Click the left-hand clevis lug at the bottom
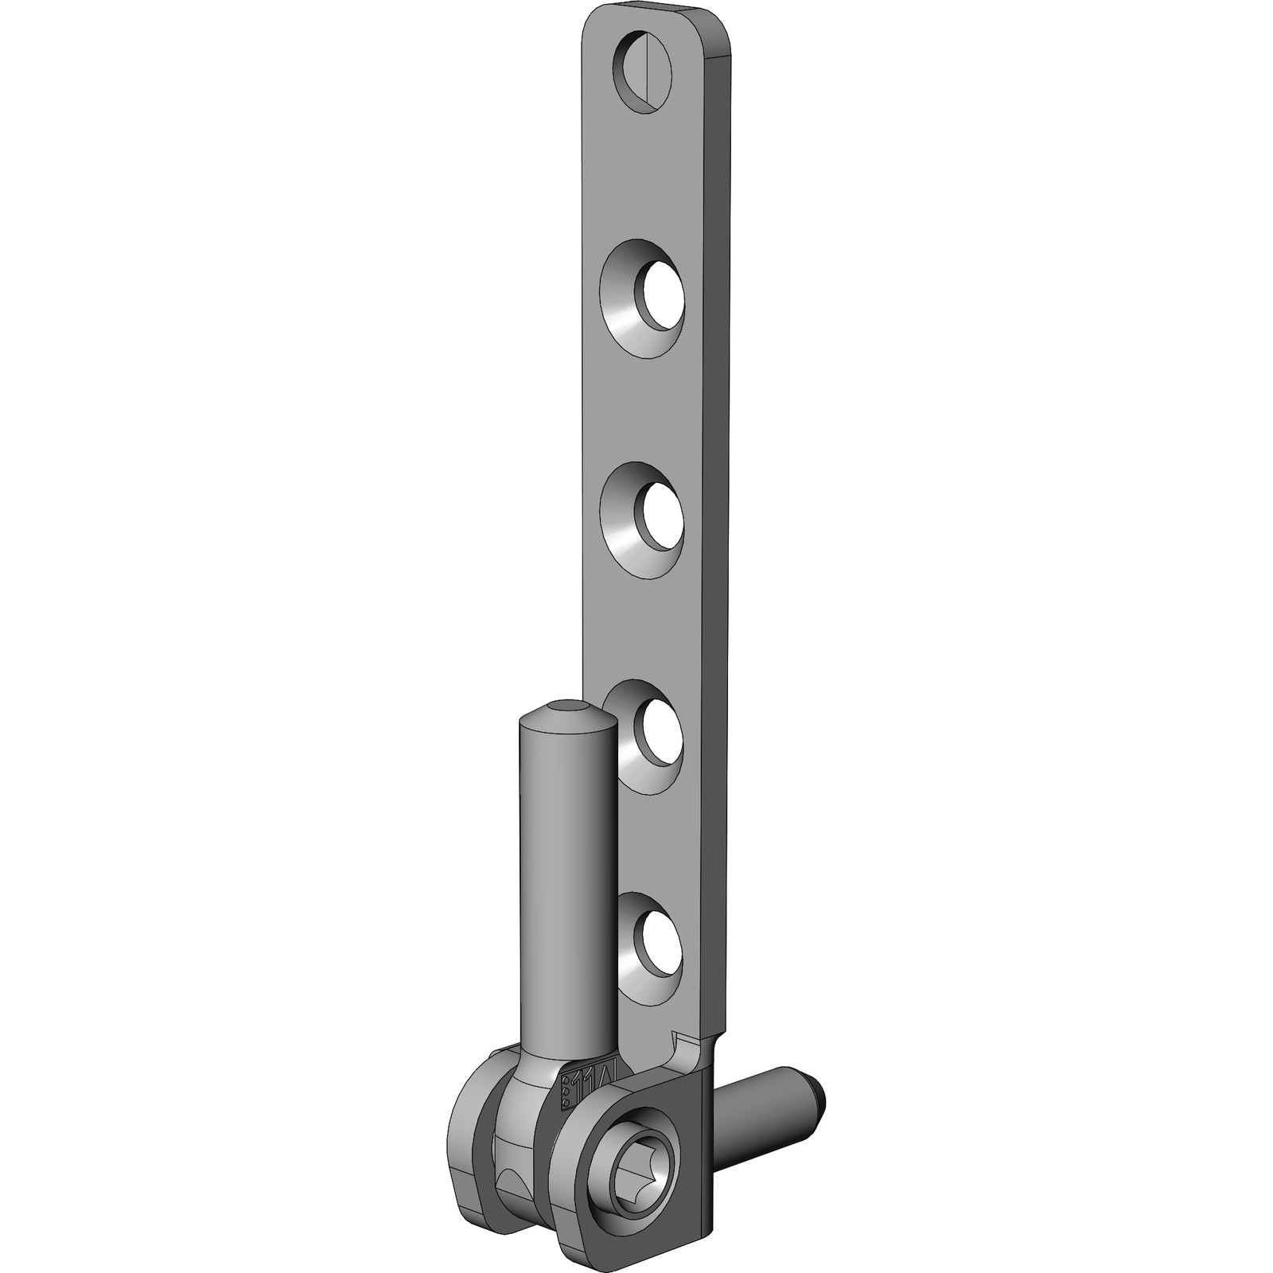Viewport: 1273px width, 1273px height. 473,1130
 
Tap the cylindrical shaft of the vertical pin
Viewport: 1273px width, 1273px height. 566,875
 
